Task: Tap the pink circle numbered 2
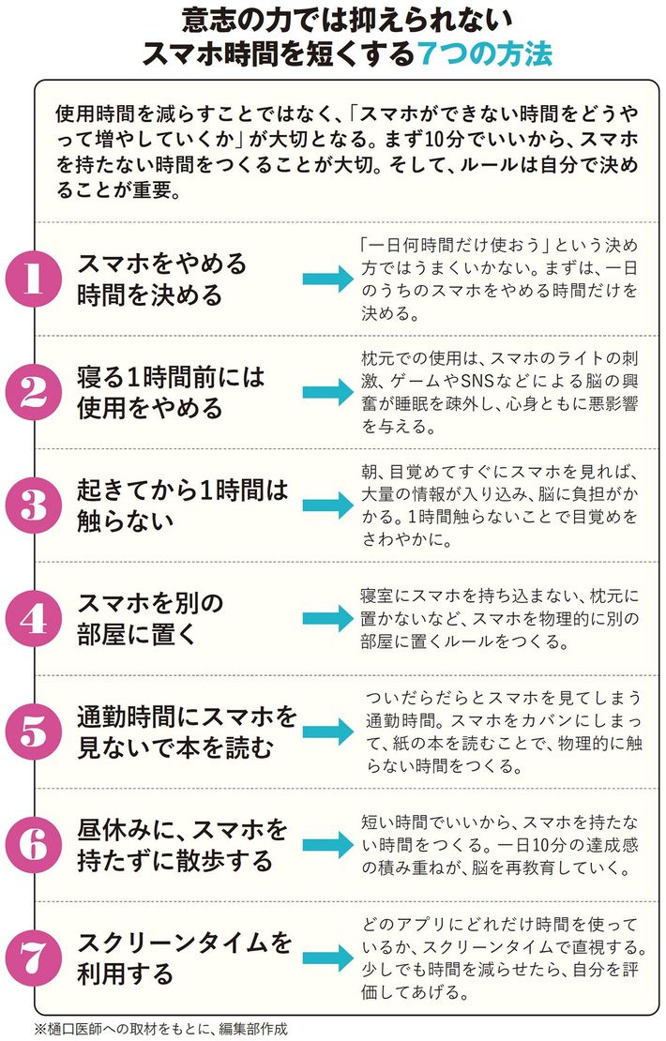point(34,392)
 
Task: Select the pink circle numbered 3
point(34,506)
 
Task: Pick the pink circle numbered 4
point(34,618)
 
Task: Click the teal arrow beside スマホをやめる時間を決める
point(325,279)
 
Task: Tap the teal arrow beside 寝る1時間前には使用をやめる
point(325,392)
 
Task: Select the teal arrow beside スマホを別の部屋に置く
point(325,618)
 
